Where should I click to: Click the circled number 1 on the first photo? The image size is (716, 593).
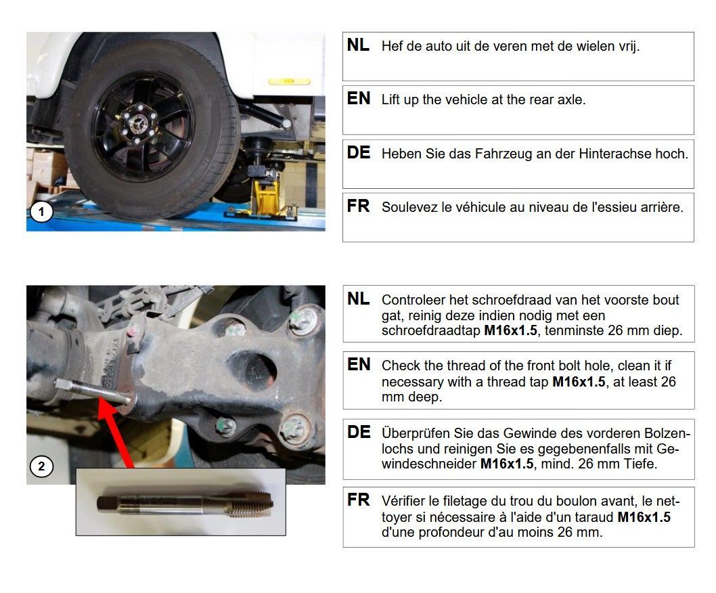(x=41, y=212)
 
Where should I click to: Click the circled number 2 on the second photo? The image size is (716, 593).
(x=41, y=466)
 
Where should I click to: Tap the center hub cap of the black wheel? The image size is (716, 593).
(x=137, y=124)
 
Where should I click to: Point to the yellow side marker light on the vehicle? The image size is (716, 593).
(x=289, y=81)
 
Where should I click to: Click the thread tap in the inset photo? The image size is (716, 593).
(x=185, y=504)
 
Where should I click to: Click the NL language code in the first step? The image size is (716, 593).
(x=358, y=45)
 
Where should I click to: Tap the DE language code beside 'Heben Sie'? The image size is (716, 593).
(x=359, y=152)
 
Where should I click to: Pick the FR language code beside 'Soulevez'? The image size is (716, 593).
(x=358, y=206)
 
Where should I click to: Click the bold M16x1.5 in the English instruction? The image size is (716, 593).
(x=579, y=382)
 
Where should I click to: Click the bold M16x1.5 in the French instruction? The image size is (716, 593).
(x=644, y=517)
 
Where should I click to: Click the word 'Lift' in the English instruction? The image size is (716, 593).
(x=390, y=100)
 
